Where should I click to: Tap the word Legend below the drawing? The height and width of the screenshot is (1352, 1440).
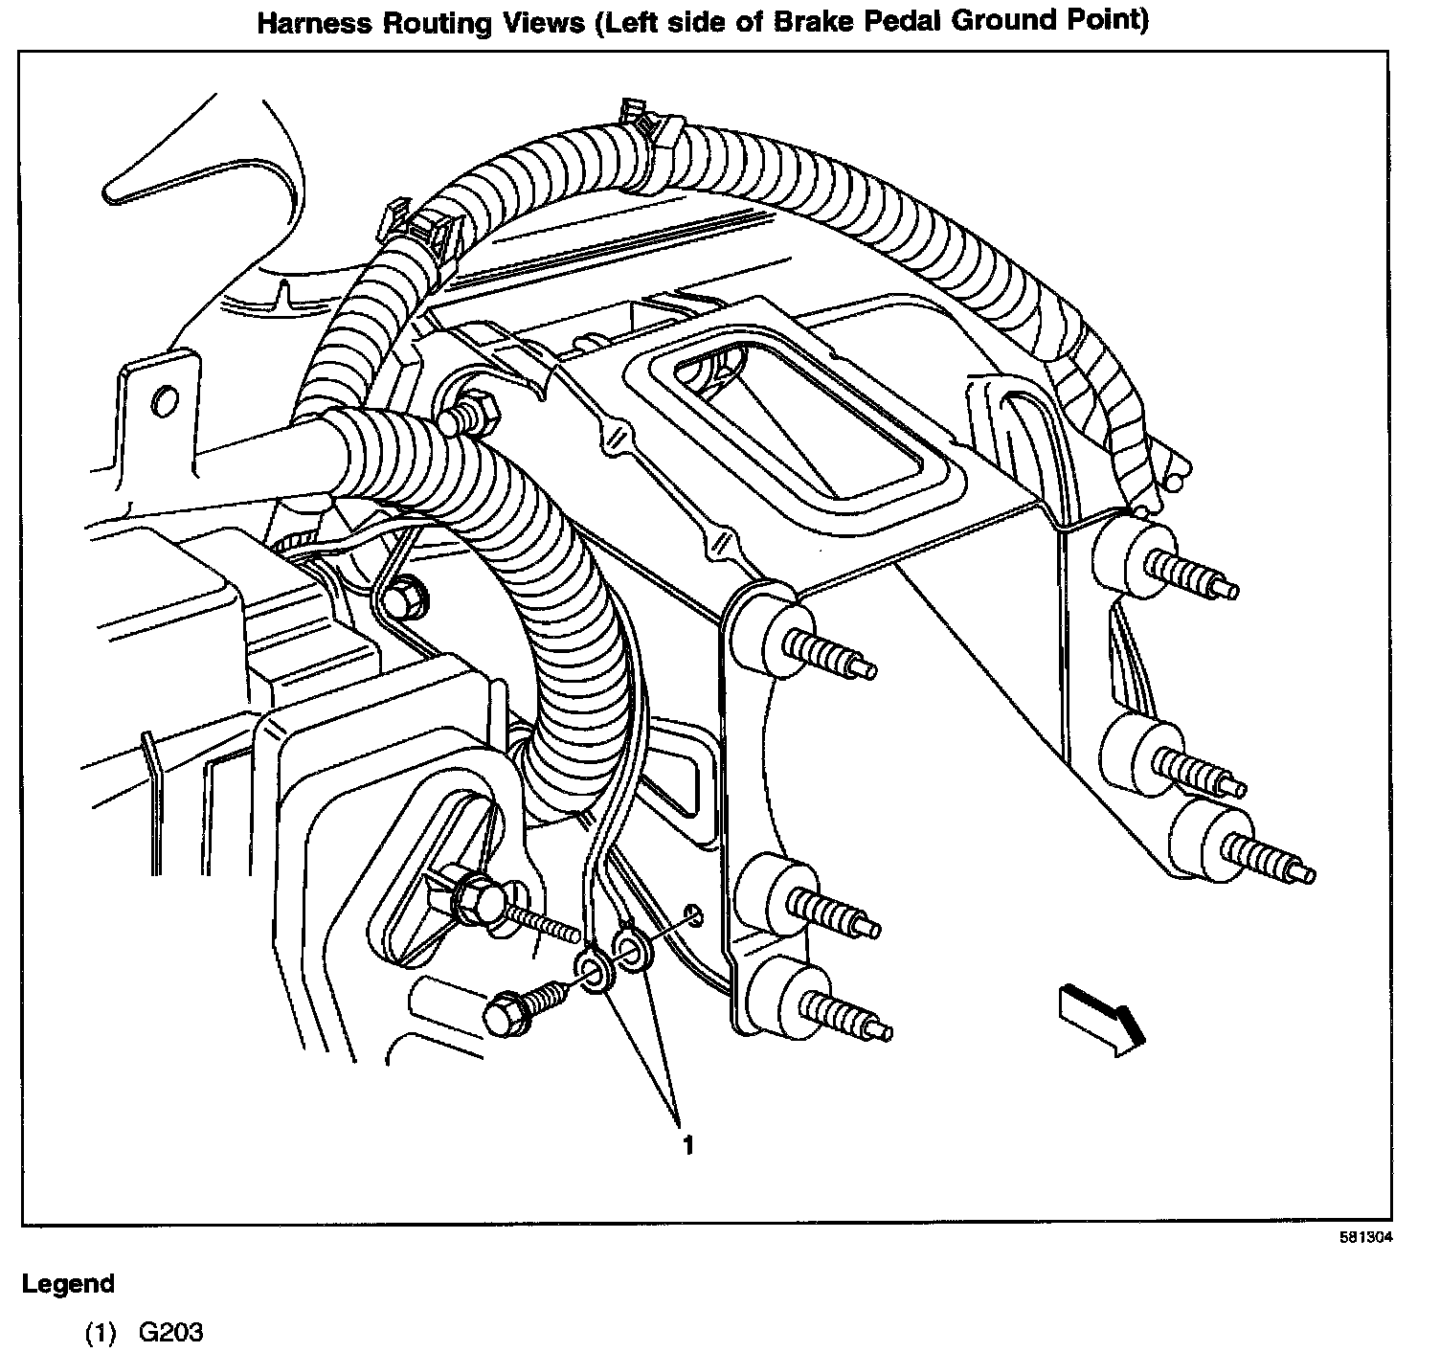coord(68,1284)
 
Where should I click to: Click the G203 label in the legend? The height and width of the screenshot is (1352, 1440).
coord(170,1332)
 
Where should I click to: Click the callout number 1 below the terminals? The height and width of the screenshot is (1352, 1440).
coord(686,1144)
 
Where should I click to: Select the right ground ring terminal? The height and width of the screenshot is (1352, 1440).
coord(632,954)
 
